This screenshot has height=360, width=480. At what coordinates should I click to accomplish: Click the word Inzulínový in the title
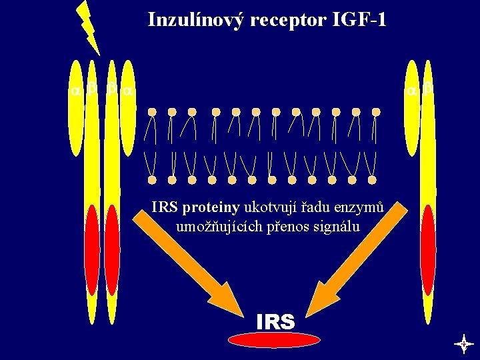[195, 19]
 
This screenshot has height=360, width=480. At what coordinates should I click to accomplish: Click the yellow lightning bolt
[88, 27]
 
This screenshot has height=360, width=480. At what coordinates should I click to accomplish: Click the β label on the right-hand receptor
[428, 89]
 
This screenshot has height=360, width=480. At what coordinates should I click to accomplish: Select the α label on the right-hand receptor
[413, 89]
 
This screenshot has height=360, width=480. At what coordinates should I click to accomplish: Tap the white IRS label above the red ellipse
[275, 323]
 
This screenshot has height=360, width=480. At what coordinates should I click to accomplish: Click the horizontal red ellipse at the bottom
[274, 339]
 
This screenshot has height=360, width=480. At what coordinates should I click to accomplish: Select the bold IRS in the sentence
[164, 208]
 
